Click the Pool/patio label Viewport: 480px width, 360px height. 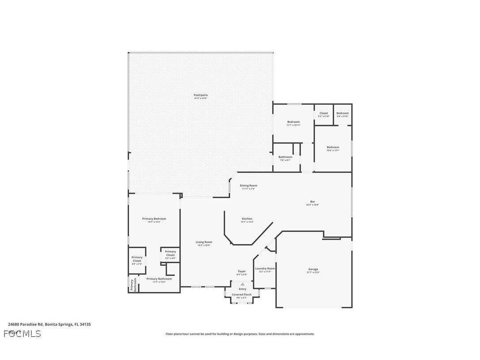[200, 95]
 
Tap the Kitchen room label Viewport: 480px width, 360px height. [247, 219]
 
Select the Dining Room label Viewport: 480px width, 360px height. [248, 186]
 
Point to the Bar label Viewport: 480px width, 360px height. [312, 202]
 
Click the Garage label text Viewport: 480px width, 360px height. [313, 269]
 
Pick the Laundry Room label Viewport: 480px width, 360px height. [265, 268]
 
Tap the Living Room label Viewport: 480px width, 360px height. [204, 242]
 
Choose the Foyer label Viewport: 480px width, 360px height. [242, 272]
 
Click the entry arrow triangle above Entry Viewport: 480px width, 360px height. [242, 284]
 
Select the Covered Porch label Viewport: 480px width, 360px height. [242, 295]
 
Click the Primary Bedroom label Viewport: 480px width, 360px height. [154, 218]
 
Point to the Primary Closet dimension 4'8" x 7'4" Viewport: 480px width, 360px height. [137, 264]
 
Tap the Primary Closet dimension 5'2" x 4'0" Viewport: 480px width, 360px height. [170, 258]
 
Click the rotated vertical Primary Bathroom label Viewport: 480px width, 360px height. [133, 285]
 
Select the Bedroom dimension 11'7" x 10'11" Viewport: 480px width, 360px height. [293, 125]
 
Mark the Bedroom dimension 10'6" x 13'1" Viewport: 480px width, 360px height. [333, 150]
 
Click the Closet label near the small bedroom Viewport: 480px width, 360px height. [324, 113]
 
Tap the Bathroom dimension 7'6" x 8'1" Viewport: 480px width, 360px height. [285, 160]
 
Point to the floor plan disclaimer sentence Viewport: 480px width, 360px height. [240, 334]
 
